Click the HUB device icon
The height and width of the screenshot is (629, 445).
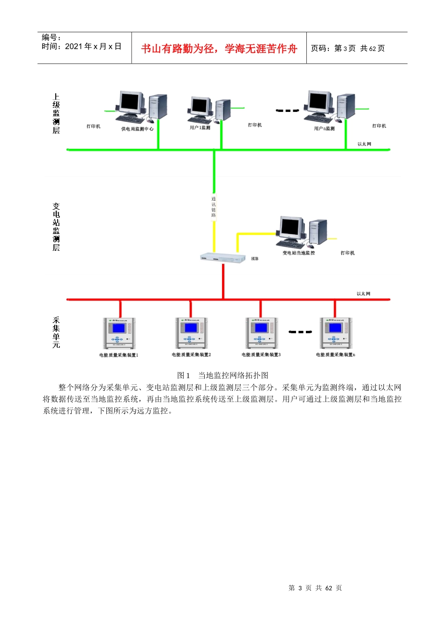click(223, 258)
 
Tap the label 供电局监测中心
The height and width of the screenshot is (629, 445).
click(137, 129)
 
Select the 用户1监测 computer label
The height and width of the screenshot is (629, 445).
click(200, 127)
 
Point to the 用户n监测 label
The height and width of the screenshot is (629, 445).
click(324, 128)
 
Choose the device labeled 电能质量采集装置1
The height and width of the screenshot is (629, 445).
click(119, 333)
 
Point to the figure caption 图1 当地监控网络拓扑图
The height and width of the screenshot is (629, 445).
click(222, 375)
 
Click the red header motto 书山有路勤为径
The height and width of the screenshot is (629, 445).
click(219, 49)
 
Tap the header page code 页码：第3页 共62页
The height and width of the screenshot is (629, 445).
click(348, 48)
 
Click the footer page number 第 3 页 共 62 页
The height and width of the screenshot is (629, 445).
click(315, 588)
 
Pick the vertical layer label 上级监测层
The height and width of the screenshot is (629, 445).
click(56, 114)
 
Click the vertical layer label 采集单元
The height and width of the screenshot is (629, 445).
click(56, 332)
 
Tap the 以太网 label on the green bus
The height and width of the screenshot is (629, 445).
click(364, 144)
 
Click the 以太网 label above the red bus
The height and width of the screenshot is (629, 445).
click(363, 294)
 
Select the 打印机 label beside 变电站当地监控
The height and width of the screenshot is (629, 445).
click(348, 253)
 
